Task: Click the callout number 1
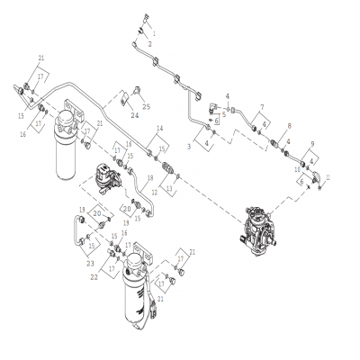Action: pos(152,32)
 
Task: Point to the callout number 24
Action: pos(134,114)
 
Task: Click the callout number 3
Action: pos(188,144)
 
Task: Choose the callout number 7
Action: pos(263,107)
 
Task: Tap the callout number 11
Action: pos(328,178)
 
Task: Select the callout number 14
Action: pos(158,129)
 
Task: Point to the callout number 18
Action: pos(139,177)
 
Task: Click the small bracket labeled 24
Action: pos(137,91)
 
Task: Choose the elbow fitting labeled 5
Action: pos(215,109)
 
